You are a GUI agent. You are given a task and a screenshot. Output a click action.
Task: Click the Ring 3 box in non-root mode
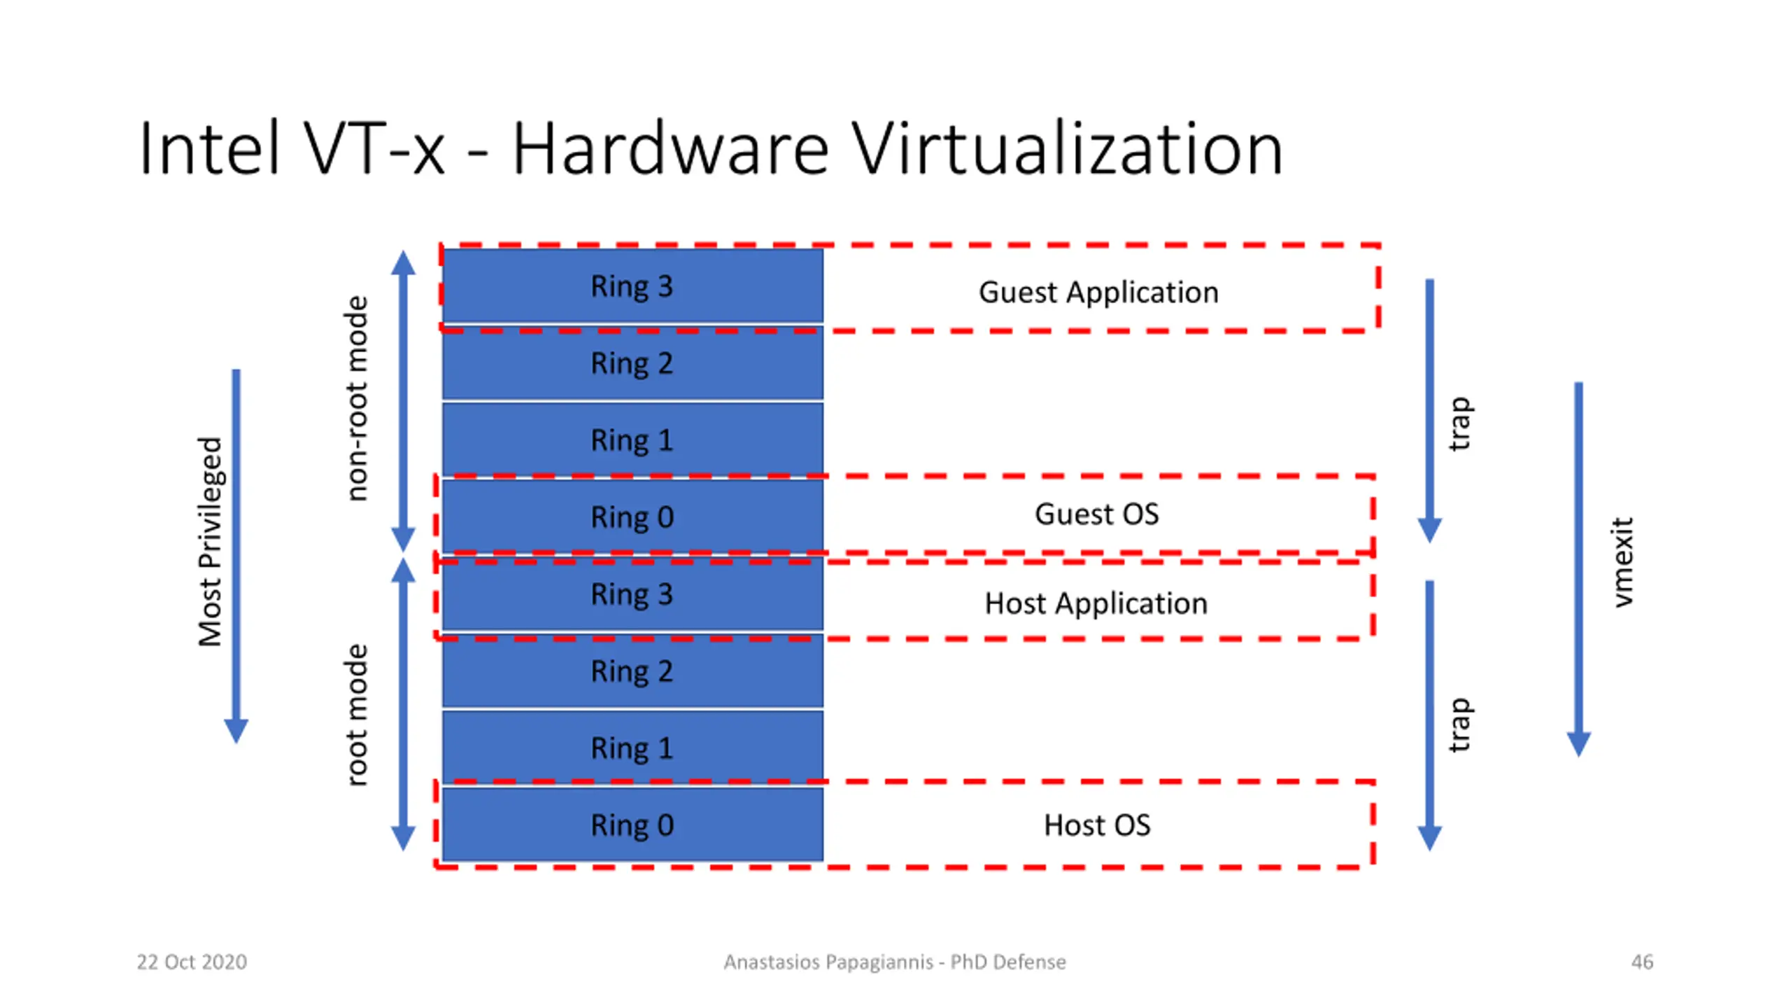click(x=632, y=286)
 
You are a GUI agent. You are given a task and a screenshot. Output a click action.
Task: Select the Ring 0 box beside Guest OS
click(x=632, y=517)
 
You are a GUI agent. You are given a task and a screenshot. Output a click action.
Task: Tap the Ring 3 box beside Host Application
click(x=632, y=594)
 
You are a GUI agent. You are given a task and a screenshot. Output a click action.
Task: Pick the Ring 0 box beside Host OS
click(x=632, y=825)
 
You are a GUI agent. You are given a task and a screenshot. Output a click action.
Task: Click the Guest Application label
click(x=1098, y=293)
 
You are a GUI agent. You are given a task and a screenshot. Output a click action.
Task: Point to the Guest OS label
click(x=1097, y=514)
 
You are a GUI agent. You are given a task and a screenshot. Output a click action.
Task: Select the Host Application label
click(x=1096, y=603)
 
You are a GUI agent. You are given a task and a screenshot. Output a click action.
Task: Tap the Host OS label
click(x=1097, y=825)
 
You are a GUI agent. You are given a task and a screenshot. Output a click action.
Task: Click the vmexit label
click(x=1621, y=563)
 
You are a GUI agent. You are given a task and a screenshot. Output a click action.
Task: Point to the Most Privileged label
click(x=210, y=542)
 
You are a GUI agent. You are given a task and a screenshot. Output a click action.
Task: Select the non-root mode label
click(x=356, y=398)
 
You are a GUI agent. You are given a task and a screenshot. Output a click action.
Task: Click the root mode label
click(x=356, y=715)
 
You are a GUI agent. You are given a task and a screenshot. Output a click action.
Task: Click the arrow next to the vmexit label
click(x=1578, y=569)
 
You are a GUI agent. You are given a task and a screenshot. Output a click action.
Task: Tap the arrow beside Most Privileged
click(x=236, y=556)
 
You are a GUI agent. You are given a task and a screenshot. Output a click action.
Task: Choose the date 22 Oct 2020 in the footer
click(x=192, y=962)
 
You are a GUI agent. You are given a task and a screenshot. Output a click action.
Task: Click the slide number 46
click(x=1642, y=962)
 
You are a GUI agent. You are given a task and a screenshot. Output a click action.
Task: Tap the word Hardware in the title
click(x=671, y=148)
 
